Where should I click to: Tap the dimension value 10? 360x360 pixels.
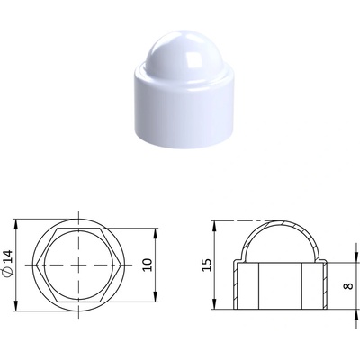tap(148, 265)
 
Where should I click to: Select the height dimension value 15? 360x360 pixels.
tap(207, 265)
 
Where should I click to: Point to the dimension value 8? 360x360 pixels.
tap(348, 286)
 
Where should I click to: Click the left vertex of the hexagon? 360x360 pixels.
tap(36, 265)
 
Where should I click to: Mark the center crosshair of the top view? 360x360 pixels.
tap(78, 265)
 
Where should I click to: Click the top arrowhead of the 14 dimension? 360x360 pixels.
tap(16, 223)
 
